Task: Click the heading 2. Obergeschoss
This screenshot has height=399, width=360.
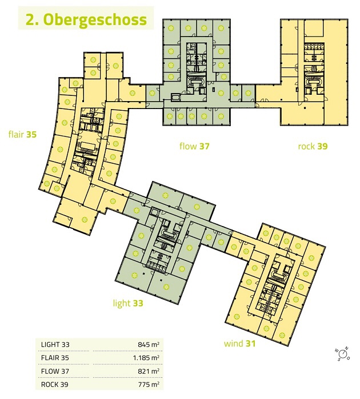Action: point(86,19)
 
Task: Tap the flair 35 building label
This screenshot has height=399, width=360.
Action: point(22,134)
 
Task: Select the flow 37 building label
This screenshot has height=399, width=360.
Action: point(194,146)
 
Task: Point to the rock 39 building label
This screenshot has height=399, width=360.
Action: point(313,146)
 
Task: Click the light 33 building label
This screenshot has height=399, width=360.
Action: point(128,303)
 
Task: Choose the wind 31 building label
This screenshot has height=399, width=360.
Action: point(239,344)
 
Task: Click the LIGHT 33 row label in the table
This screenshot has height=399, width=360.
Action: point(55,345)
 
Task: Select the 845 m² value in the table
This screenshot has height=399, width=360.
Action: point(149,345)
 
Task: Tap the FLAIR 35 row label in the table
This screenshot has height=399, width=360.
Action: point(55,358)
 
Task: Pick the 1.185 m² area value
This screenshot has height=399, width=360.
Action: point(146,358)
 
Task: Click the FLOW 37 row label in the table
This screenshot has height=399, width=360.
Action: point(55,371)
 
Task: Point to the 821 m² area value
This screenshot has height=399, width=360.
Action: point(149,371)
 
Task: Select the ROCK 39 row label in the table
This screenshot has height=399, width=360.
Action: point(54,384)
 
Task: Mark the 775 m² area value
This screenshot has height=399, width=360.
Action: point(149,384)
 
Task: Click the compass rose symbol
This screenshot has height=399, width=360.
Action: point(343,354)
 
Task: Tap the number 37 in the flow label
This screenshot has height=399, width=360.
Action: point(205,146)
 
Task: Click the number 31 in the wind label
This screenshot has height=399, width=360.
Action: point(251,344)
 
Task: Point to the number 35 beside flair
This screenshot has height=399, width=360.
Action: point(31,134)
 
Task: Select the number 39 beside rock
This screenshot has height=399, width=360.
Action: point(322,146)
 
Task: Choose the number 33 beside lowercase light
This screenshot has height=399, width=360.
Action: point(138,303)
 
